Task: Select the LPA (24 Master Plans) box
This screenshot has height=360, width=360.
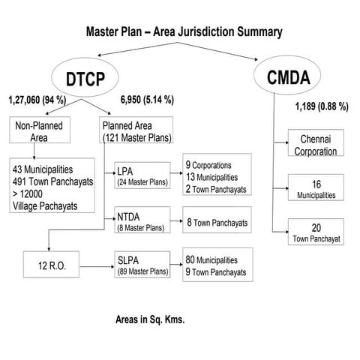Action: [x=142, y=176]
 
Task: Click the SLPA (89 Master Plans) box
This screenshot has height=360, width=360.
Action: [x=142, y=266]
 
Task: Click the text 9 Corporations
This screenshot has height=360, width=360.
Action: [x=208, y=165]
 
